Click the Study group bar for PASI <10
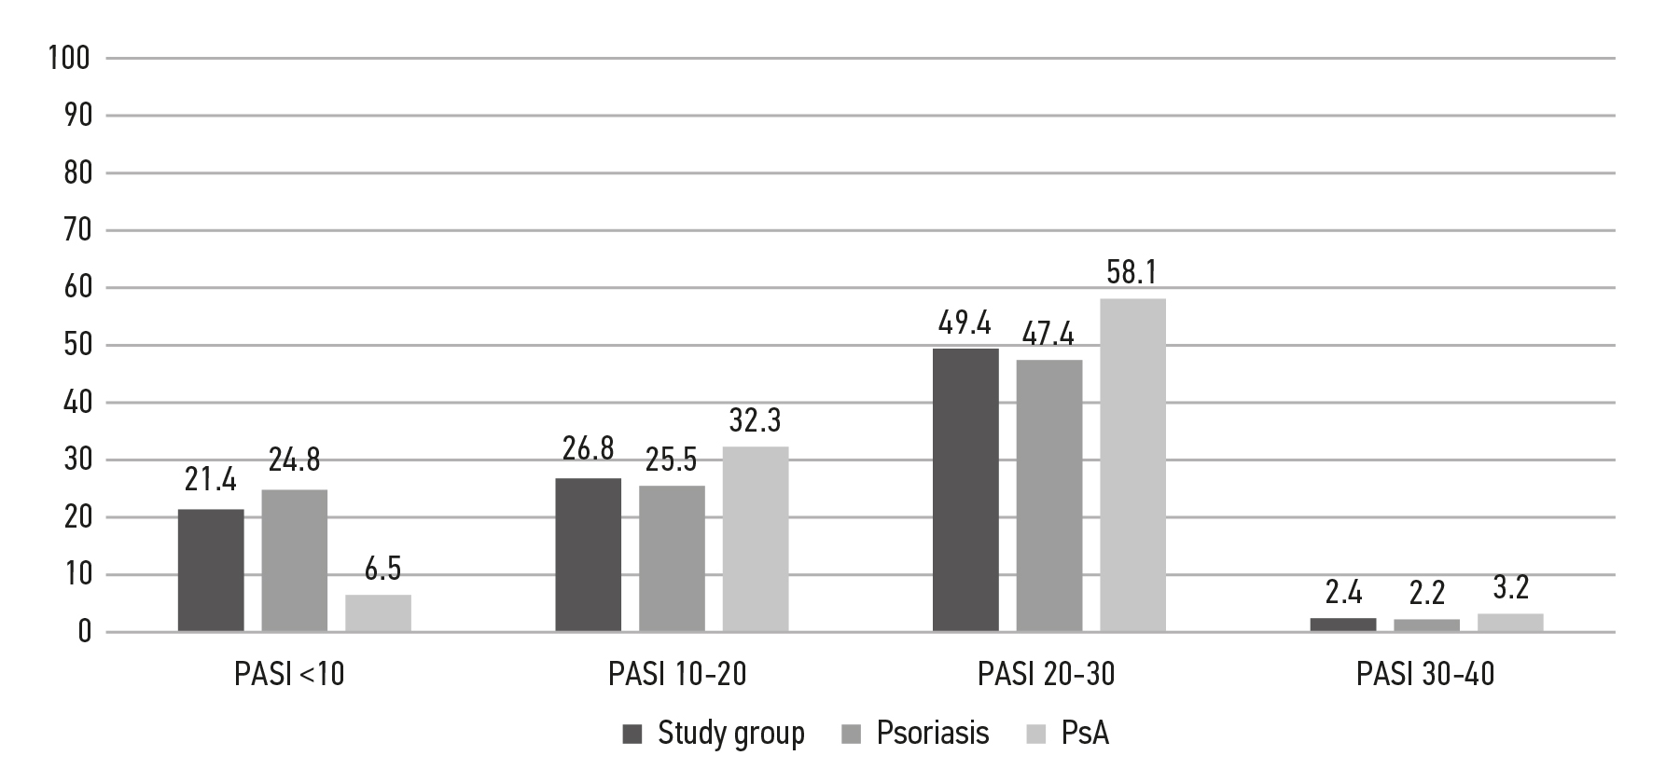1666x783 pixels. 211,570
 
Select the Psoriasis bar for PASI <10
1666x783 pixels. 295,561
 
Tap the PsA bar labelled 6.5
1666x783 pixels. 378,613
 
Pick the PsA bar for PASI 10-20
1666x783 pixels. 756,539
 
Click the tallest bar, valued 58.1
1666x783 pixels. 1132,465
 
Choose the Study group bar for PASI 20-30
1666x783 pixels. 965,490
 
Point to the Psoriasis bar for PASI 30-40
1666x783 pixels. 1426,625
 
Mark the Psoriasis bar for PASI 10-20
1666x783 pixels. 672,558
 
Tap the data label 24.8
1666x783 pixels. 295,459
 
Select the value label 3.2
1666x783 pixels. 1510,590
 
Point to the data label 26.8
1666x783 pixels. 588,448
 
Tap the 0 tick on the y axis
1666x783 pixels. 84,633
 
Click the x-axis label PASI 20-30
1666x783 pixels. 1046,674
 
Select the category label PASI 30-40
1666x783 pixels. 1425,674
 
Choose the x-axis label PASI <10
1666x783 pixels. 289,674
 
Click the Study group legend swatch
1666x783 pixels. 632,735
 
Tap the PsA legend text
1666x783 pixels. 1085,734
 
